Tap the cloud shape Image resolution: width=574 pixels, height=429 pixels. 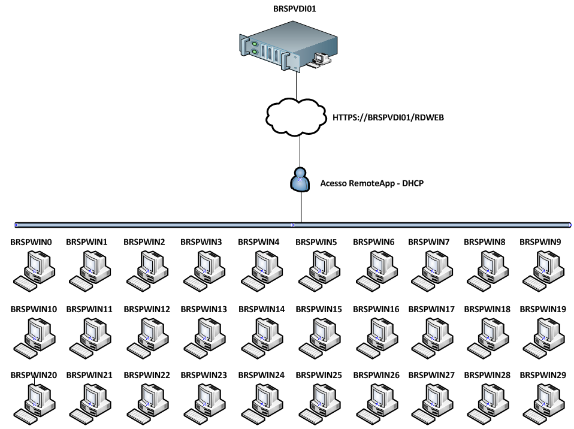point(297,117)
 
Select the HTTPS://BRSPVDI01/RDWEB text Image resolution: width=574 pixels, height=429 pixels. point(388,117)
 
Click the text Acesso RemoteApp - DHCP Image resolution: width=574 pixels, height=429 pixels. point(372,183)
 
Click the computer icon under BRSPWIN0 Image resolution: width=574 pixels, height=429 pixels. point(34,270)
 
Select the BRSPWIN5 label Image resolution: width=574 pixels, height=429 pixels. point(316,243)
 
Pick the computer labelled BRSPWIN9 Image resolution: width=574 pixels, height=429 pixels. point(543,270)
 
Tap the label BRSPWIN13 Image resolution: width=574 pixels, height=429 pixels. point(204,309)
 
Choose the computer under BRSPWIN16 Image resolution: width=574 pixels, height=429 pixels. point(376,336)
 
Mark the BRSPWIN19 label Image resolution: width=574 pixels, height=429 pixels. point(543,309)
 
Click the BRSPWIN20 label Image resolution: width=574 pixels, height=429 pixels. point(34,375)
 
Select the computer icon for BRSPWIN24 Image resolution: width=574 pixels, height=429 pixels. point(261,401)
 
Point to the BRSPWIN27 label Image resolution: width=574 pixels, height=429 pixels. point(431,375)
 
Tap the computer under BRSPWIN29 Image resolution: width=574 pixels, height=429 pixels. point(543,401)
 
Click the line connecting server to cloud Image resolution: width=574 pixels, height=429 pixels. point(297,84)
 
